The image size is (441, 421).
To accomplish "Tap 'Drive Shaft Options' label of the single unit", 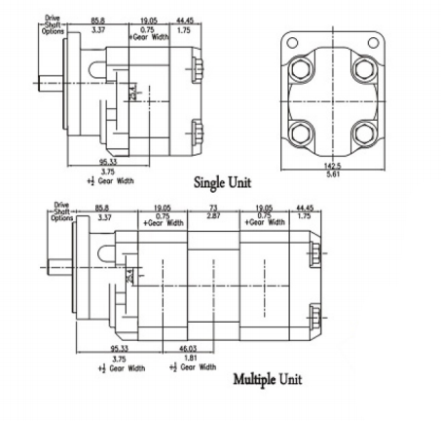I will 54,23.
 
